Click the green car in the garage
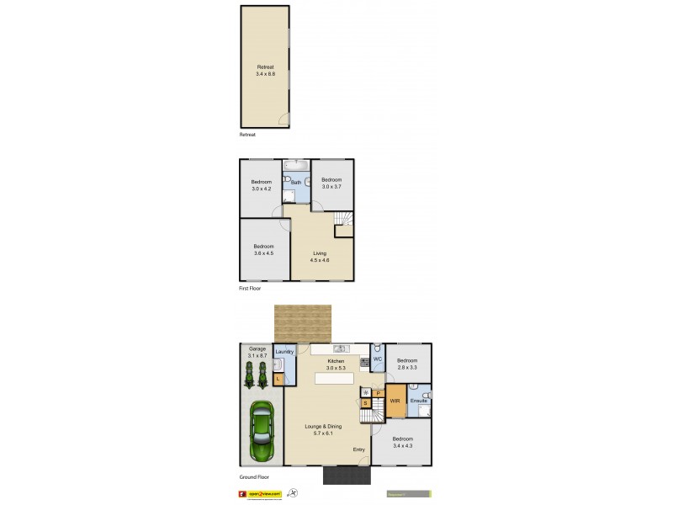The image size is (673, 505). point(262,432)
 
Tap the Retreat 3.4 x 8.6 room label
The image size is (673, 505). point(266,71)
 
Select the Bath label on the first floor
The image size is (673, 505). point(296,183)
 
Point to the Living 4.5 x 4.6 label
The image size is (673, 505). point(320,257)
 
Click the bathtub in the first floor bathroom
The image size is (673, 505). point(296,165)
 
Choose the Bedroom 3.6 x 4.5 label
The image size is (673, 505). point(264,249)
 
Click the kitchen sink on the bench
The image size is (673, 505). point(341,348)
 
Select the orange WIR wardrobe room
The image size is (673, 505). point(395,401)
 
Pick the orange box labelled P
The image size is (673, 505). point(379,393)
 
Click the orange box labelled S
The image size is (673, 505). point(366,403)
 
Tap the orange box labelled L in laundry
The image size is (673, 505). point(278,380)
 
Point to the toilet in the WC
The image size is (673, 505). point(379,348)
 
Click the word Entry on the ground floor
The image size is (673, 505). point(359,449)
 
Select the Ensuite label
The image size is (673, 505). point(418,401)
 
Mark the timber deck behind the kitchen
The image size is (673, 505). point(303,324)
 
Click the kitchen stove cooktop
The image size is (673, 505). point(364,364)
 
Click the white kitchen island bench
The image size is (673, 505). point(334,379)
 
